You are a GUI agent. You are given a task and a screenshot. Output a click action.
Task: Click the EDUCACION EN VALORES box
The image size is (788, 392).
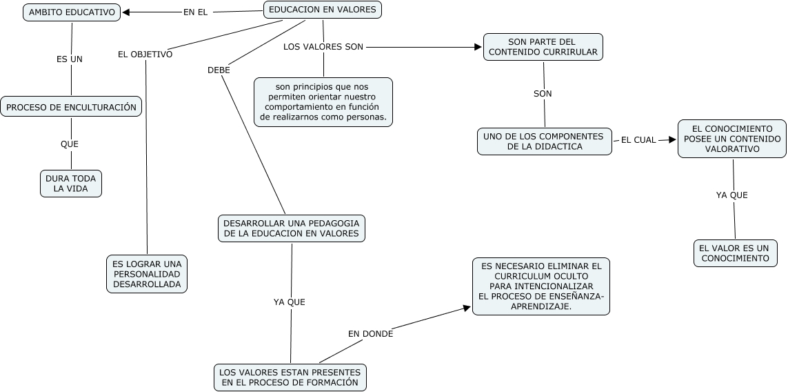pos(323,10)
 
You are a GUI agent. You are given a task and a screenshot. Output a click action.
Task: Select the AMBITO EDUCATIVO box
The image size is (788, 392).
pos(72,12)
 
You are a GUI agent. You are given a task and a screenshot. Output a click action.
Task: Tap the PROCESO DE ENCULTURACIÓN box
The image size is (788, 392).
pos(72,107)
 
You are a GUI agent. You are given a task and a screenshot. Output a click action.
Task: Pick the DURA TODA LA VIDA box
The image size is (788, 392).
pos(71,184)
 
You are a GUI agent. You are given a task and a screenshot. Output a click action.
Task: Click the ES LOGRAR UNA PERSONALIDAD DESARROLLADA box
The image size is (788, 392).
pos(148,274)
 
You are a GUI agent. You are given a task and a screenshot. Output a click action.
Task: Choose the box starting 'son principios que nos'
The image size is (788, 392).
pos(323,102)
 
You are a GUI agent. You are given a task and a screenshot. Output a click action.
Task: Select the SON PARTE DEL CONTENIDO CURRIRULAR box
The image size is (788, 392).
pos(543,47)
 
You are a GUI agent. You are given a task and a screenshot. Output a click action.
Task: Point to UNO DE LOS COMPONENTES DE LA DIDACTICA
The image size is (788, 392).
pos(544,141)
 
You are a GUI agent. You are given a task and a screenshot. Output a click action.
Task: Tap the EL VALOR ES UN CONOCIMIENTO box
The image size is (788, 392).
pos(735,253)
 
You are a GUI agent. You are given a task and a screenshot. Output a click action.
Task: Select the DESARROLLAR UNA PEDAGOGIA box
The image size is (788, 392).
pos(292,228)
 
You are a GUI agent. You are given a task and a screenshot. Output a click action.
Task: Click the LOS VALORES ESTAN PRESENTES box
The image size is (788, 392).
pos(290,378)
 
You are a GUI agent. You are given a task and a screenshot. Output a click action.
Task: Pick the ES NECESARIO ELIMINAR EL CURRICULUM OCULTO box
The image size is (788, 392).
pos(541,286)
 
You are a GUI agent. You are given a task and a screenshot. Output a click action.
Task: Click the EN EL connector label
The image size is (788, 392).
pos(195,12)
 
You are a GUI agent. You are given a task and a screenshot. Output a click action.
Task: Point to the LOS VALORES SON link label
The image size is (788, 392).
pos(323,47)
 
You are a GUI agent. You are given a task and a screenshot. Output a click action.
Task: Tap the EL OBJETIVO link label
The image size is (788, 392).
pos(145,55)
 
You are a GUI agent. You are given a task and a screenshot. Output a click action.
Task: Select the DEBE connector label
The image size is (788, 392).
pos(219,70)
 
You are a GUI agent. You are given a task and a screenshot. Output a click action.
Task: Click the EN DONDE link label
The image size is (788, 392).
pos(370,334)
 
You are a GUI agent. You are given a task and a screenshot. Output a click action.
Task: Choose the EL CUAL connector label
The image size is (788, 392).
pos(638,140)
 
